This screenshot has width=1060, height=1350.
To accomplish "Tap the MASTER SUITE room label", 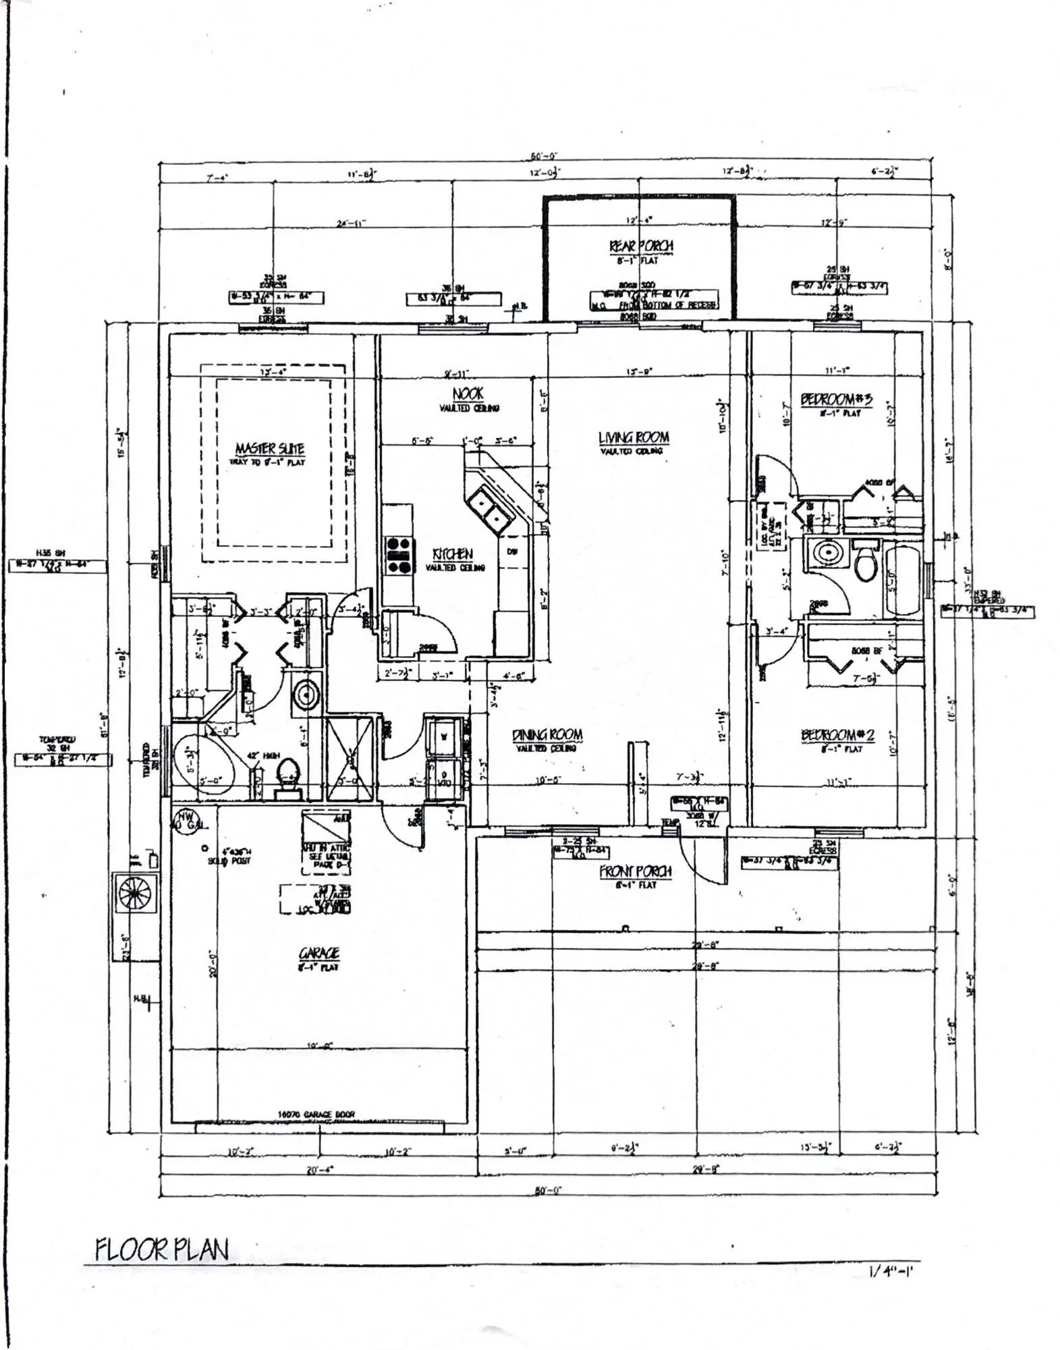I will pyautogui.click(x=269, y=448).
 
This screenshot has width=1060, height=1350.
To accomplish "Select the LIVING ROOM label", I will pyautogui.click(x=634, y=437).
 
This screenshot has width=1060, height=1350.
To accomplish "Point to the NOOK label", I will pyautogui.click(x=468, y=394).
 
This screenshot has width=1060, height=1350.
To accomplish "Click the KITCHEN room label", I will pyautogui.click(x=453, y=553).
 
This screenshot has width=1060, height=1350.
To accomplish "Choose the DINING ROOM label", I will pyautogui.click(x=547, y=734).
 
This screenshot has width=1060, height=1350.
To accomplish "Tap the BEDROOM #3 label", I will pyautogui.click(x=836, y=399).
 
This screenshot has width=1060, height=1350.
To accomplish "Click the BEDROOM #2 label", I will pyautogui.click(x=837, y=734).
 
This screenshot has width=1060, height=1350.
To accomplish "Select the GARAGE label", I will pyautogui.click(x=319, y=953).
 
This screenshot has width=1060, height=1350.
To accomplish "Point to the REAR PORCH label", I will pyautogui.click(x=641, y=246).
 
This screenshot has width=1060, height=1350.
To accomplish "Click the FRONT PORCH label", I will pyautogui.click(x=636, y=871).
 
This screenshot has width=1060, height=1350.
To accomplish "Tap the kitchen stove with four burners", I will pyautogui.click(x=398, y=555).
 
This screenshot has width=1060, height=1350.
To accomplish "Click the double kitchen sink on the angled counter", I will pyautogui.click(x=489, y=510).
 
